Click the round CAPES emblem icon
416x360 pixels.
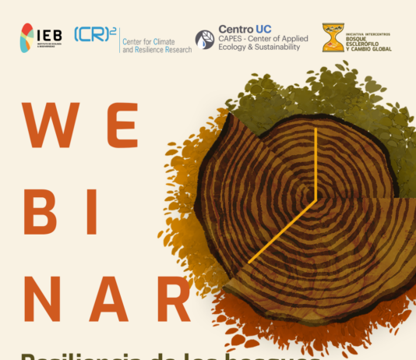(205, 40)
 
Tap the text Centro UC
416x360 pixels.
(245, 29)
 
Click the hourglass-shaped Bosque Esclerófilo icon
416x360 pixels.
(333, 38)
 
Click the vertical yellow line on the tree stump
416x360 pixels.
(315, 164)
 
